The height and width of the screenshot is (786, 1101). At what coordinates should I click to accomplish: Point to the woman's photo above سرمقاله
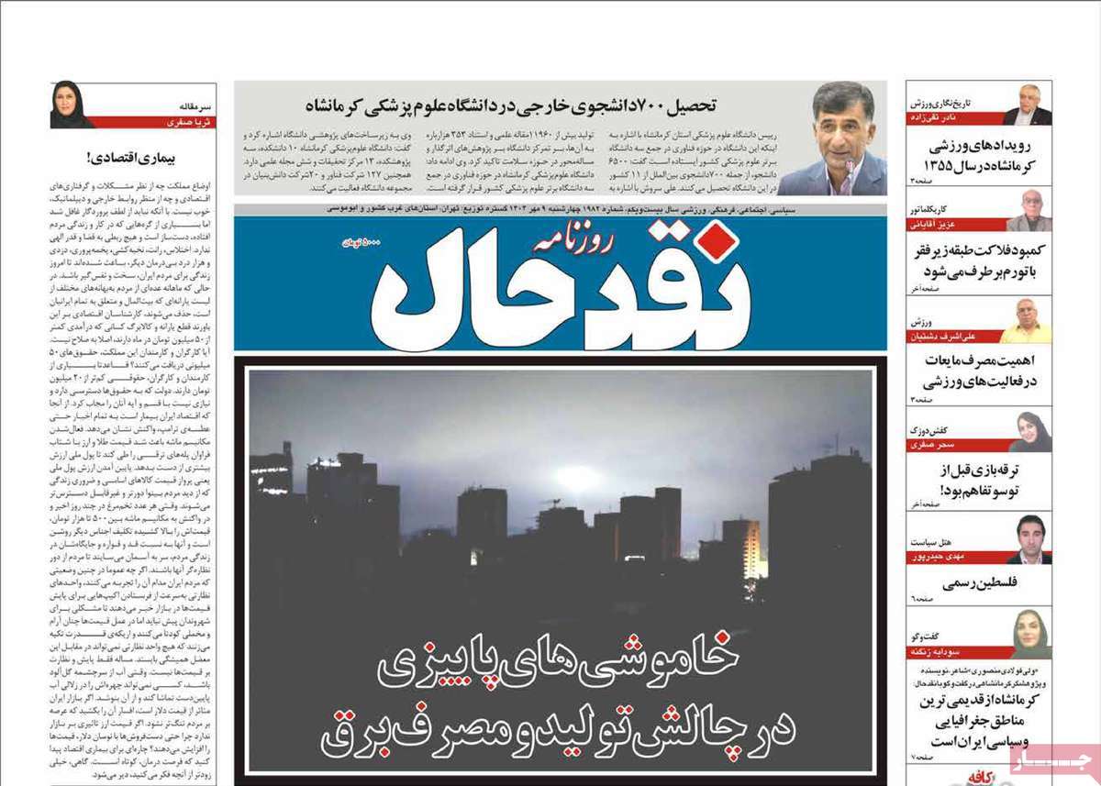(x=72, y=105)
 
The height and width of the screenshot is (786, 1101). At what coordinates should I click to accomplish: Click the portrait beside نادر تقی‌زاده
(x=1029, y=105)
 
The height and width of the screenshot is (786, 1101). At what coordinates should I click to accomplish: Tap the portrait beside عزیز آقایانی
(x=1030, y=211)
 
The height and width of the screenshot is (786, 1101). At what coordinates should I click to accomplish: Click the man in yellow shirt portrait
(x=1029, y=320)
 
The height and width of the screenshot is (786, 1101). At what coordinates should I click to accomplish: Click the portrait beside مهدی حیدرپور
(x=1030, y=539)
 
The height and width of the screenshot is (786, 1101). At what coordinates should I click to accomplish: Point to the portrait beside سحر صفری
(x=1030, y=431)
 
